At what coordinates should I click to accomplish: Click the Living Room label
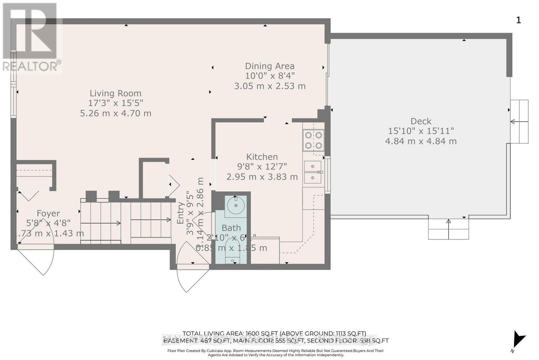click(x=115, y=93)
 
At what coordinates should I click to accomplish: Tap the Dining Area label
click(x=269, y=66)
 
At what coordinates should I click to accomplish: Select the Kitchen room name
click(x=262, y=157)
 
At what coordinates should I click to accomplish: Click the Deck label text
click(x=421, y=121)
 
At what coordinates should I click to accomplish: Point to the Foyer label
click(x=48, y=213)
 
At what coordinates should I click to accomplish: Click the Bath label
click(x=231, y=228)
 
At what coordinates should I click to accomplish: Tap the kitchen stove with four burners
click(x=313, y=140)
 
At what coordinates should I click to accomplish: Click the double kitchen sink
click(x=313, y=172)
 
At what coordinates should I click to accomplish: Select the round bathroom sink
click(x=235, y=205)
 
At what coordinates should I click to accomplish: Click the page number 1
click(x=518, y=20)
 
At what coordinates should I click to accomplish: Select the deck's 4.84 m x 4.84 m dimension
click(x=421, y=141)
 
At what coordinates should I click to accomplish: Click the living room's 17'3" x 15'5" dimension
click(x=115, y=103)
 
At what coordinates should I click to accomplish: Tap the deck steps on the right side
click(x=519, y=121)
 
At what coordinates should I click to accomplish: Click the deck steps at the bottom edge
click(x=448, y=229)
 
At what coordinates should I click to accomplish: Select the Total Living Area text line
click(x=274, y=334)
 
